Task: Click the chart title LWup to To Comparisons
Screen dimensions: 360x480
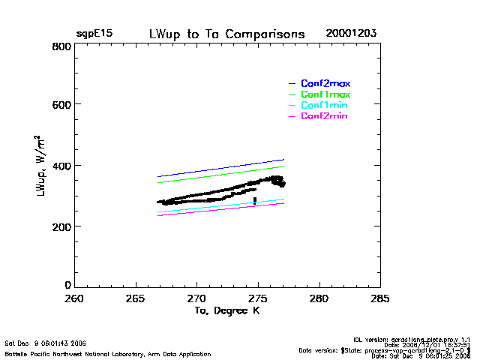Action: [x=226, y=34]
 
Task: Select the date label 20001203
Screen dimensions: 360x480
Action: [x=351, y=34]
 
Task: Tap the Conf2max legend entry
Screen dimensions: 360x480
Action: [x=325, y=83]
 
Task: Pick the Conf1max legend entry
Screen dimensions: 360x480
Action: [x=325, y=94]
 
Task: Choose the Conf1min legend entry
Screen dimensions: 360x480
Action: [x=324, y=106]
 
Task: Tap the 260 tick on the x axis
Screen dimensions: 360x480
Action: [x=73, y=298]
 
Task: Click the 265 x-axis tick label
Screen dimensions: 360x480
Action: [x=135, y=298]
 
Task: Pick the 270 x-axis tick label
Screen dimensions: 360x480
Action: [x=196, y=298]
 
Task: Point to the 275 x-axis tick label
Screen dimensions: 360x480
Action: [x=258, y=298]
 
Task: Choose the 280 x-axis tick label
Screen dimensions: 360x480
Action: [x=319, y=298]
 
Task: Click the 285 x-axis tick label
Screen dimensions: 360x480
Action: [x=380, y=298]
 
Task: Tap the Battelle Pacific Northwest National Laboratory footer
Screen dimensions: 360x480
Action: [x=108, y=353]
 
